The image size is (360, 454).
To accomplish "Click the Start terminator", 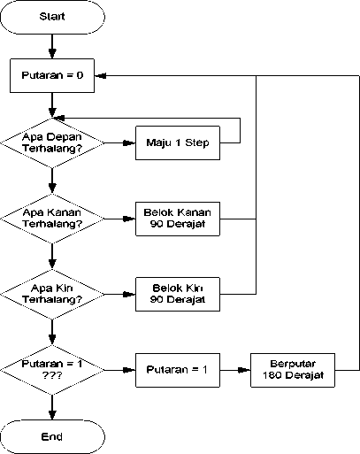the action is pyautogui.click(x=52, y=17).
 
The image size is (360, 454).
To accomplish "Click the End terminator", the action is pyautogui.click(x=52, y=437).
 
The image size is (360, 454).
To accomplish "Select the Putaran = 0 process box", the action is pyautogui.click(x=52, y=75).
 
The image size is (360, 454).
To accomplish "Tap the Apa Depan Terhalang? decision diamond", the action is pyautogui.click(x=52, y=143).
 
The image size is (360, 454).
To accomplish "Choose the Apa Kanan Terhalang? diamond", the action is pyautogui.click(x=52, y=219).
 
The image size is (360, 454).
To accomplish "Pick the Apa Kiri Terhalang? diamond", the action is pyautogui.click(x=52, y=295).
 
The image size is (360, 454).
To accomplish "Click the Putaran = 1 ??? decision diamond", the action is pyautogui.click(x=52, y=370).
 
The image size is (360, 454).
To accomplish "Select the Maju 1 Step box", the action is pyautogui.click(x=178, y=143).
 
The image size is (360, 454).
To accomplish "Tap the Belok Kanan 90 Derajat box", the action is pyautogui.click(x=178, y=219).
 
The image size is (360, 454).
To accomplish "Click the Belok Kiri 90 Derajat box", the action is pyautogui.click(x=178, y=294).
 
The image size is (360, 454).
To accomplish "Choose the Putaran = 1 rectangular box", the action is pyautogui.click(x=178, y=370).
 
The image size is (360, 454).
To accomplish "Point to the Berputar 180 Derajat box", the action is pyautogui.click(x=293, y=370).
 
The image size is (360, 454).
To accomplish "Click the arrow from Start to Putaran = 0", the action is pyautogui.click(x=52, y=46).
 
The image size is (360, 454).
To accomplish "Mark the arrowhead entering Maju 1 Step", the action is pyautogui.click(x=130, y=143).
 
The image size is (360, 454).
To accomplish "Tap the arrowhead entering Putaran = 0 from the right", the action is pyautogui.click(x=101, y=76).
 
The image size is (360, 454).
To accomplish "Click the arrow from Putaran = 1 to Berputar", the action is pyautogui.click(x=235, y=370).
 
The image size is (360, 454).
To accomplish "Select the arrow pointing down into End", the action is pyautogui.click(x=52, y=408).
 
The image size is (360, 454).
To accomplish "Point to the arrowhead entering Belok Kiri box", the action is pyautogui.click(x=130, y=294).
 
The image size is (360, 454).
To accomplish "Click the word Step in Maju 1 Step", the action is pyautogui.click(x=197, y=143).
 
